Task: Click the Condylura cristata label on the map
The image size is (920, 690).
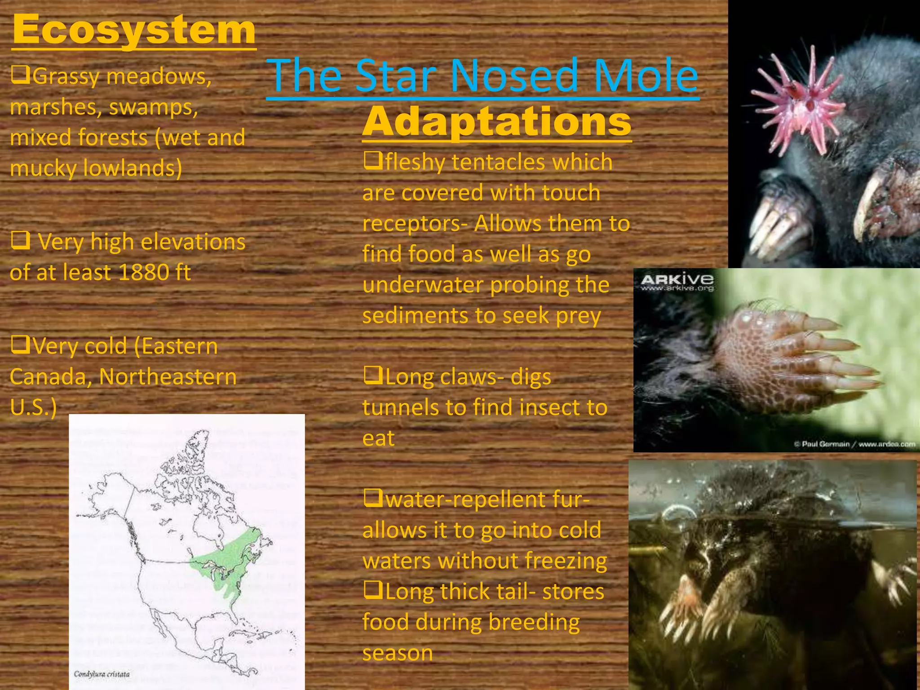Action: [x=102, y=674]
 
